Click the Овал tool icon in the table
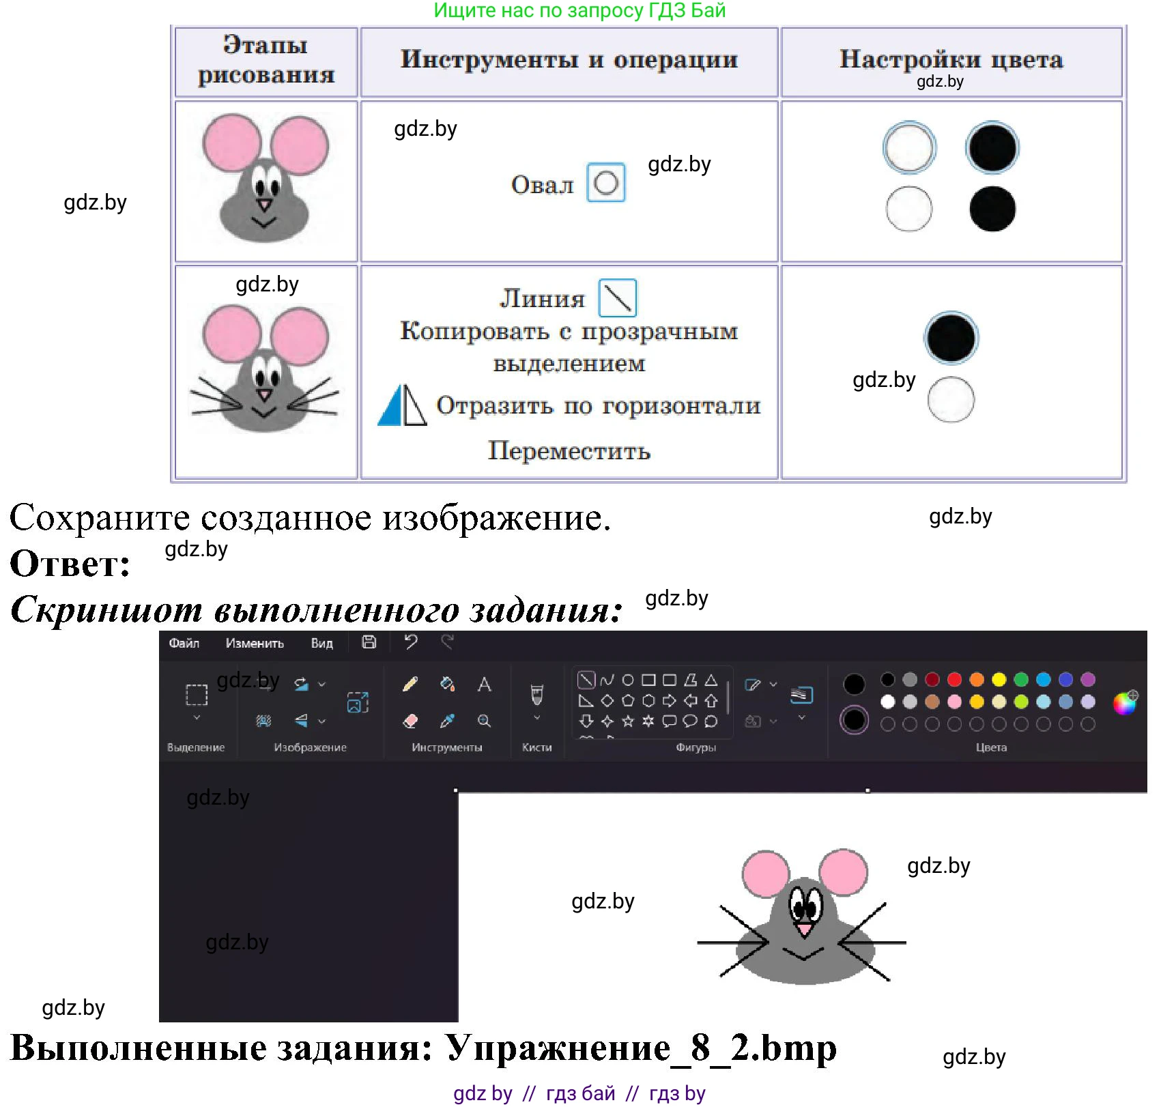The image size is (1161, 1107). click(606, 182)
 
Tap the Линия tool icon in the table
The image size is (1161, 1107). click(618, 298)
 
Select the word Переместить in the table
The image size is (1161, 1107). click(569, 451)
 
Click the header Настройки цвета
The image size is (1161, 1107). click(951, 59)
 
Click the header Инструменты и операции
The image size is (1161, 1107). click(569, 59)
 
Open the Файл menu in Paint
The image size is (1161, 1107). click(184, 643)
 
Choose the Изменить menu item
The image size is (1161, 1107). click(255, 643)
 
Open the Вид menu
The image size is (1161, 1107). click(321, 643)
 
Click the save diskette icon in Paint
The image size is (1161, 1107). click(369, 642)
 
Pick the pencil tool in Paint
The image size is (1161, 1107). click(410, 684)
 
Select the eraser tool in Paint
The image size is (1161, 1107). click(410, 721)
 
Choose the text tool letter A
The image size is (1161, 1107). click(484, 684)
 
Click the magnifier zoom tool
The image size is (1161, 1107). click(484, 721)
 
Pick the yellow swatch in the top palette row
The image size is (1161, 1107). click(999, 679)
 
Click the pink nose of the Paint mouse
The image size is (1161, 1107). click(805, 928)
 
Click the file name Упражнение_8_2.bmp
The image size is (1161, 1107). click(641, 1048)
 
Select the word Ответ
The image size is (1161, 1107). click(70, 564)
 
